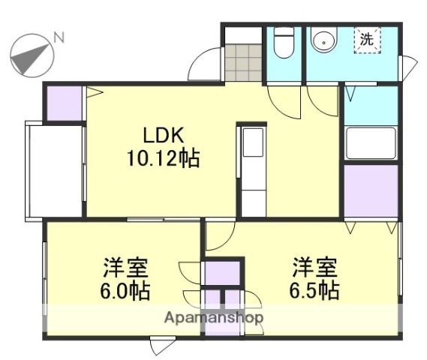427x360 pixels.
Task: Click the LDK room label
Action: (164, 136)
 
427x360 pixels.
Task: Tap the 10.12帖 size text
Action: (164, 159)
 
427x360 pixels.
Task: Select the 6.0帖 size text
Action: (125, 289)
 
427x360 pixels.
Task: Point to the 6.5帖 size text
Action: (314, 289)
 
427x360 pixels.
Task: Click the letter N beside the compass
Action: (59, 37)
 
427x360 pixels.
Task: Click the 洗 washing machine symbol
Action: (367, 40)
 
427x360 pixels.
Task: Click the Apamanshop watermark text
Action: (214, 317)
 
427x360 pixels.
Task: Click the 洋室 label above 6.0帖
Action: (125, 267)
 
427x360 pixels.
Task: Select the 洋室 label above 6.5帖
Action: (314, 267)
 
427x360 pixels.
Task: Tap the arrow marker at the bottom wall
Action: (160, 347)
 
